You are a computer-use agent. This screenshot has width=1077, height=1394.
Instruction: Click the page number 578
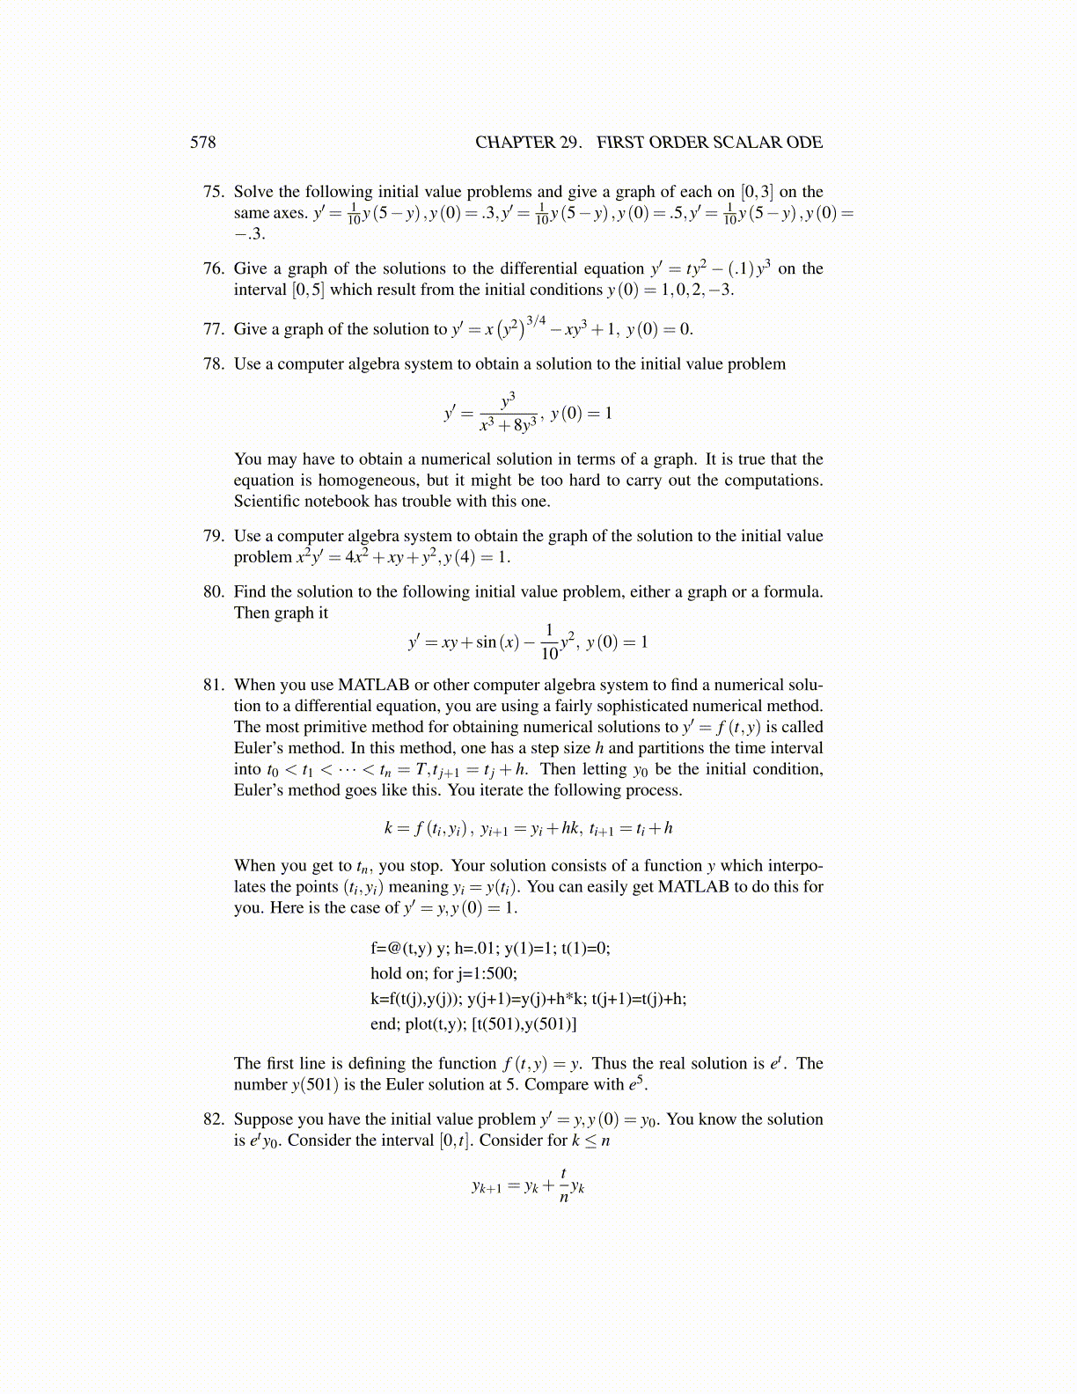(x=202, y=143)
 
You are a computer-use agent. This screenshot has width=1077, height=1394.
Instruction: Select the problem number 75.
(x=214, y=192)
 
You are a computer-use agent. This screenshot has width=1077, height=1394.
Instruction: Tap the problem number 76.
(x=214, y=269)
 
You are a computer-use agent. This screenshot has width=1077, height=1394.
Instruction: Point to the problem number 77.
(x=214, y=330)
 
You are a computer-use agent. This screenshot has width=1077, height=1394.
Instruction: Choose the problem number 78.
(x=214, y=364)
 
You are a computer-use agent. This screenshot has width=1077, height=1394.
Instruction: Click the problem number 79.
(x=214, y=536)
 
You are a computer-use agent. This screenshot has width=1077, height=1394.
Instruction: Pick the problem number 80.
(x=214, y=592)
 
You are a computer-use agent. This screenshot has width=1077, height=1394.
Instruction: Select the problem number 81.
(x=214, y=685)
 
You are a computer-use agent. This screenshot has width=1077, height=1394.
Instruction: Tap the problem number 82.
(x=214, y=1119)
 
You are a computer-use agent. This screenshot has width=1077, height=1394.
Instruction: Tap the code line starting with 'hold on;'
(x=443, y=973)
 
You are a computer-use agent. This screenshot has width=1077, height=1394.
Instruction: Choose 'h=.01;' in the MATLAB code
(x=477, y=949)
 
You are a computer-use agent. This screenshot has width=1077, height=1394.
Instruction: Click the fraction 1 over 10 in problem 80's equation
(x=549, y=642)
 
